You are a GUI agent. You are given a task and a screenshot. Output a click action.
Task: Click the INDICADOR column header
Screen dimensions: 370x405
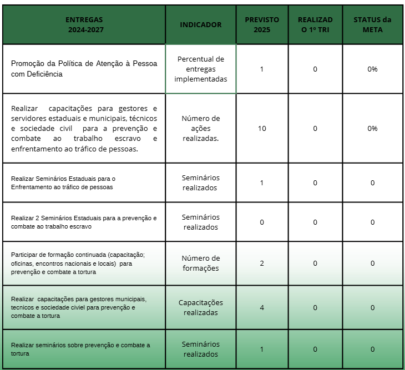coord(200,25)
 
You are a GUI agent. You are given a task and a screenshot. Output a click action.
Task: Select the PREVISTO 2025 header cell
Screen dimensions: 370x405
coord(262,25)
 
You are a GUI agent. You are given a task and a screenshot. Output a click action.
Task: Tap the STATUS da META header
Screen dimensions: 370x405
coord(372,25)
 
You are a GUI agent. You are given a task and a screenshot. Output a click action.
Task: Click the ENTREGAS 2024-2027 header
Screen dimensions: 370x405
coord(84,25)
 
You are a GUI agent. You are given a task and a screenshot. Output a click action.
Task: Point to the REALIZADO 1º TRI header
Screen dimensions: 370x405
coord(315,25)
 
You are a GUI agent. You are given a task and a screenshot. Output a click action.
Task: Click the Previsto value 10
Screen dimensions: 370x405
coord(262,128)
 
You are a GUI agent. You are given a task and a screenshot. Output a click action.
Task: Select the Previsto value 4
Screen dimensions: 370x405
coord(262,308)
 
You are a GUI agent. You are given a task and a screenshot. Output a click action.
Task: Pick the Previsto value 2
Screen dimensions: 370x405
coord(262,263)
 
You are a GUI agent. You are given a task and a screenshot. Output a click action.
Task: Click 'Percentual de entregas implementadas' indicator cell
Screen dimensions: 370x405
coord(200,69)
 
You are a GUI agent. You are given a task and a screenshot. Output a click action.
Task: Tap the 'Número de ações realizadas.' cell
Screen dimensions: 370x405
coord(200,128)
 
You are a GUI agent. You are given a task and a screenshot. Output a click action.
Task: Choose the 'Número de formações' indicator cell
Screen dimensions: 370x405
coord(200,263)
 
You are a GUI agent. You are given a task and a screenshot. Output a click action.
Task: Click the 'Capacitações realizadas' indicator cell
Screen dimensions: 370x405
coord(200,308)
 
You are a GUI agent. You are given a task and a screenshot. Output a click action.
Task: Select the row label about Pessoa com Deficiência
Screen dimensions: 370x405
coord(84,69)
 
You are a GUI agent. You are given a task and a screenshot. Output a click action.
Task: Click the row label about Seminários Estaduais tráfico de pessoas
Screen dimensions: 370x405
coord(63,183)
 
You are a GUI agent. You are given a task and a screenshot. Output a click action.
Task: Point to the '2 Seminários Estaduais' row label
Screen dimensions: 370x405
coord(84,222)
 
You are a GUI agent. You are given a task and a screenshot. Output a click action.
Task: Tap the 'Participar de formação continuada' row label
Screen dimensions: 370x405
coord(78,263)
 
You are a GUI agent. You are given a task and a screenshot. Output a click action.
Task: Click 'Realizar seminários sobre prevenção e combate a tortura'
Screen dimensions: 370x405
coord(80,349)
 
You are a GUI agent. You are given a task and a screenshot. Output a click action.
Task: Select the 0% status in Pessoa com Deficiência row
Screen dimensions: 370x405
coord(372,69)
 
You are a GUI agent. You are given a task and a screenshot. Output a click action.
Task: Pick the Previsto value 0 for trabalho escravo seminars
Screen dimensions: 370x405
coord(262,222)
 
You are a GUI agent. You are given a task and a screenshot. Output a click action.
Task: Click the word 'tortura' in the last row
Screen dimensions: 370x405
coord(20,353)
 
